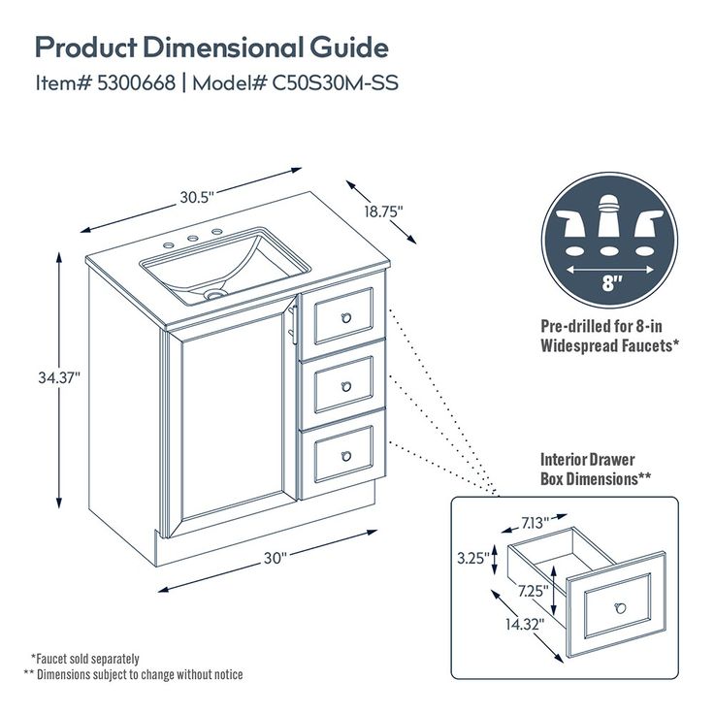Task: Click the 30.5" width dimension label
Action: tap(196, 196)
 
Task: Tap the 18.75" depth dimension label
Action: tap(383, 210)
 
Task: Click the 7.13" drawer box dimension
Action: tap(535, 523)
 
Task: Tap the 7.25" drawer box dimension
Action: tap(533, 590)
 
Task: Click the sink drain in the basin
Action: tap(215, 291)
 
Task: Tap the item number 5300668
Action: tap(137, 82)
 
